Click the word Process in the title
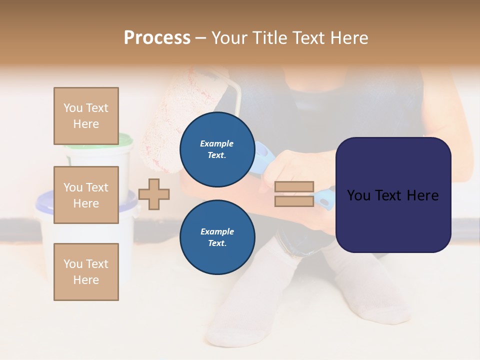(x=157, y=37)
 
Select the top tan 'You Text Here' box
(x=86, y=116)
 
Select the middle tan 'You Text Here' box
(x=86, y=195)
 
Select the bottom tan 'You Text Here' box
(x=86, y=271)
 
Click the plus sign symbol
(x=154, y=194)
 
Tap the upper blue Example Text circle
(x=217, y=149)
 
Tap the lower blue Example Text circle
(x=217, y=237)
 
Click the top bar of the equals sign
(x=294, y=186)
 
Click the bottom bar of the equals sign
(x=294, y=201)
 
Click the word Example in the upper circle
(x=217, y=143)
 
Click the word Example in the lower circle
(x=217, y=231)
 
